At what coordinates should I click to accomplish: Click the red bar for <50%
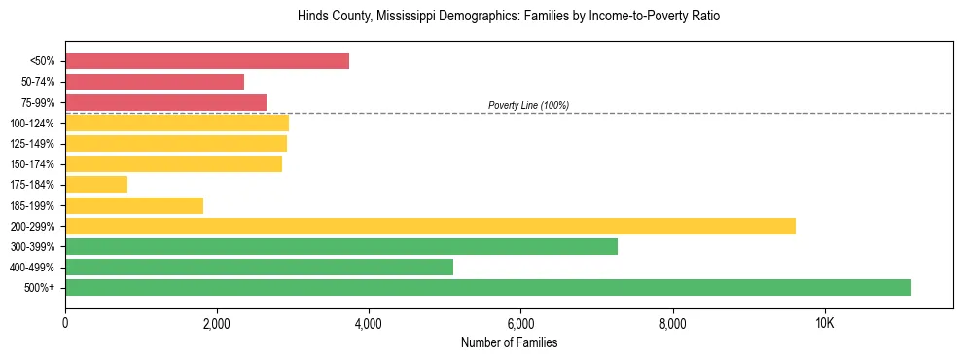click(x=207, y=61)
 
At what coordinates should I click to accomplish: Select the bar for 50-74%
click(x=155, y=82)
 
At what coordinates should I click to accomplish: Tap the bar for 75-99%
click(x=165, y=102)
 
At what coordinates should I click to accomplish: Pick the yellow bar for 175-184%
click(x=96, y=185)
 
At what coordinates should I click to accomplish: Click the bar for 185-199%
click(x=134, y=205)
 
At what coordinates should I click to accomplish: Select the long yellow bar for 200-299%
click(x=430, y=226)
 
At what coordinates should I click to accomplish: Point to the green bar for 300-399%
click(x=341, y=247)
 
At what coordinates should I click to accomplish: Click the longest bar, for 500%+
click(x=488, y=288)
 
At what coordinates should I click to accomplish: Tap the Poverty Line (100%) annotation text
click(x=528, y=105)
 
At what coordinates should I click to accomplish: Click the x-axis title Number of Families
click(x=509, y=343)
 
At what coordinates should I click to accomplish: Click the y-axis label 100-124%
click(x=32, y=124)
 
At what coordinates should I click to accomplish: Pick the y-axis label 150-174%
click(x=32, y=164)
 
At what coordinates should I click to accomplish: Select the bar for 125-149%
click(x=176, y=144)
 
